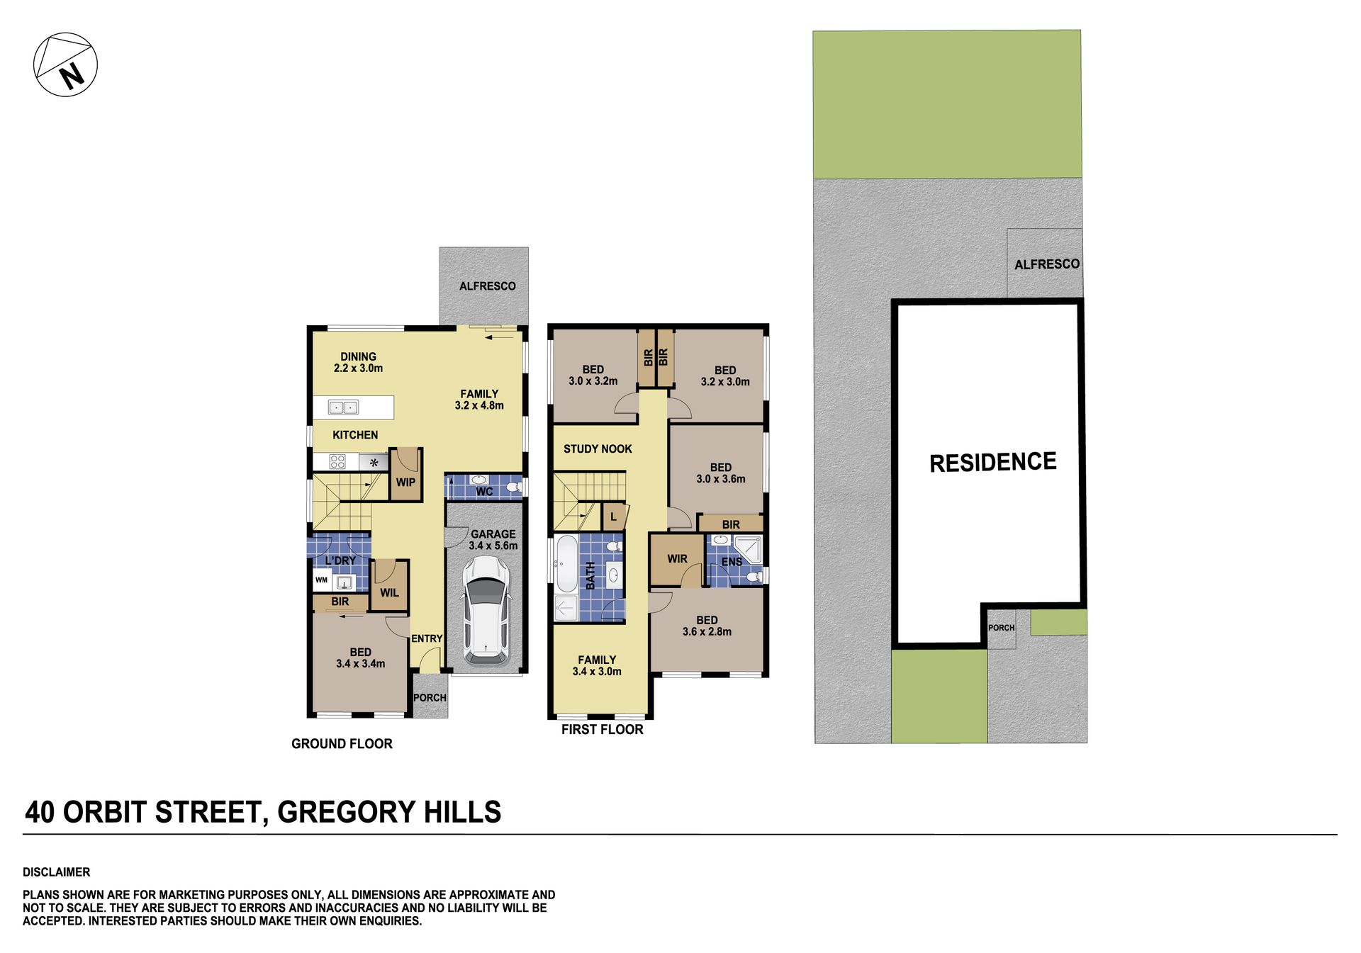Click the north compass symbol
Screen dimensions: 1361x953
point(65,64)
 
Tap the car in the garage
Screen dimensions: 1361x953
point(486,610)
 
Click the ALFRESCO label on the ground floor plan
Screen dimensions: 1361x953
point(487,286)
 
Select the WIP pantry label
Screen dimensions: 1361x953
point(405,483)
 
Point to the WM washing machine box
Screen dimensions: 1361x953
point(322,580)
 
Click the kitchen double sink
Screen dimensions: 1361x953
point(343,407)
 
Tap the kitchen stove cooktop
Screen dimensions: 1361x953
point(337,462)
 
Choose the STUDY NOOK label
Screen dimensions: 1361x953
point(598,449)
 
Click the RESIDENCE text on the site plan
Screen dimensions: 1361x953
point(992,463)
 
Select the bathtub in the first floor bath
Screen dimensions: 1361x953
point(566,564)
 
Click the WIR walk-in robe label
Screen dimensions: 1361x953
point(677,559)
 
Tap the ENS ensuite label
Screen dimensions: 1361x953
point(732,563)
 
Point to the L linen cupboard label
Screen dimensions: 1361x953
point(613,517)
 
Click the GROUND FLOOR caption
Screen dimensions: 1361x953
point(342,744)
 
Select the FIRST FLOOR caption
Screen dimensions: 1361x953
point(602,730)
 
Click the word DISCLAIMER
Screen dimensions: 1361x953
point(57,872)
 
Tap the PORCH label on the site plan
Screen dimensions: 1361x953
point(1001,628)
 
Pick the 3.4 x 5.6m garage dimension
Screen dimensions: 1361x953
point(493,546)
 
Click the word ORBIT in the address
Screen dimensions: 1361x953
point(104,812)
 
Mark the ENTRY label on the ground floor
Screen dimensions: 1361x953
point(427,638)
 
